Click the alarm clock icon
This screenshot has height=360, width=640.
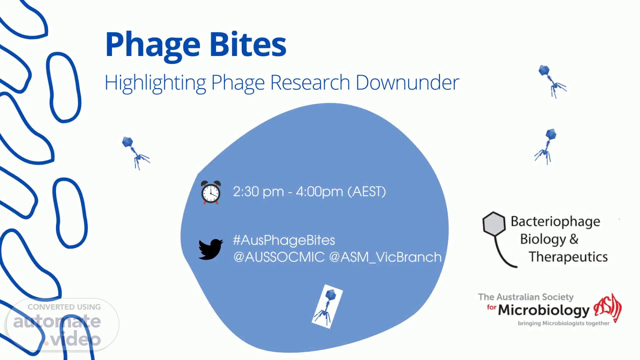coord(211,192)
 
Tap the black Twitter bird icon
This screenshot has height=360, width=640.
coord(211,249)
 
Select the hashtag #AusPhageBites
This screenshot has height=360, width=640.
coord(284,240)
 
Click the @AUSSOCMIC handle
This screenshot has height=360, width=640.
coord(279,257)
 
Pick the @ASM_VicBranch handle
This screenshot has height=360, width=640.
coord(385,257)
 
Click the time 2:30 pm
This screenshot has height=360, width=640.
coord(258,192)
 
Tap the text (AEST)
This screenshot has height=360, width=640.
coord(367,192)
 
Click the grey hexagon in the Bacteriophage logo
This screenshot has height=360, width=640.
coord(494,224)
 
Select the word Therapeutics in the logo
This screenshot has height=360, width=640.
coord(568,257)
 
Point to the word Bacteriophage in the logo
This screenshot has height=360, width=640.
coord(555,222)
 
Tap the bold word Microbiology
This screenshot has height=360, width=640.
coord(544,310)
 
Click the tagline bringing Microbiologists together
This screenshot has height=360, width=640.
coord(564,323)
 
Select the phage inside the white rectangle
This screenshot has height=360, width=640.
coord(327,306)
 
